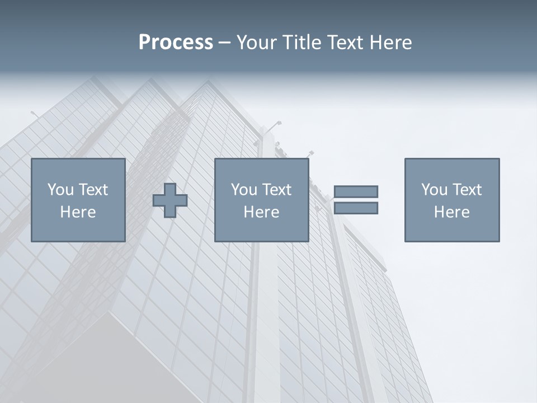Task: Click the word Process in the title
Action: [176, 43]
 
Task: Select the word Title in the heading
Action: [302, 43]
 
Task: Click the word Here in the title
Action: [390, 43]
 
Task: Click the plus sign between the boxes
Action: [170, 200]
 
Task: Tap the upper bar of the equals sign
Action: [356, 191]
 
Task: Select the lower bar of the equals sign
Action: [356, 208]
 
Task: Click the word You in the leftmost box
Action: [60, 190]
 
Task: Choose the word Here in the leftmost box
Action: [78, 212]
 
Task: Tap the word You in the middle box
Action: [244, 190]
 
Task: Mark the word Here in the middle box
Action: [261, 212]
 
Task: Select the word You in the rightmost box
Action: [434, 190]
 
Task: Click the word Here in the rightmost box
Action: [451, 212]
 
